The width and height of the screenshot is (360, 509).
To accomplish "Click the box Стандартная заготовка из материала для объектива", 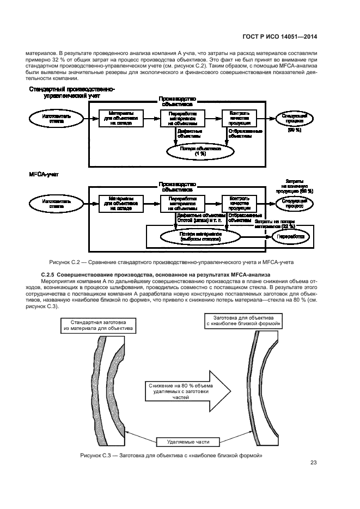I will [97, 326].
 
